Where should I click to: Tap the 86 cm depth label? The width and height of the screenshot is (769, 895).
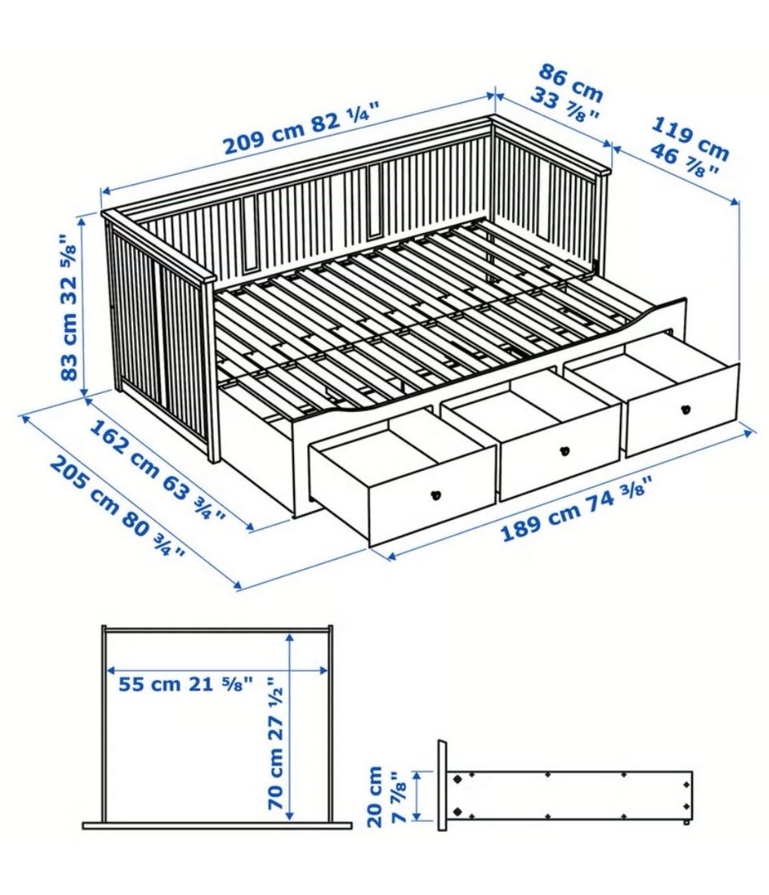[x=571, y=83]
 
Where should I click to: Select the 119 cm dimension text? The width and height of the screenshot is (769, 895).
[x=690, y=138]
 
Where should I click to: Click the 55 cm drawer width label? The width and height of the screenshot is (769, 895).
[x=149, y=683]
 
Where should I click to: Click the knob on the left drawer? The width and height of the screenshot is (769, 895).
[x=437, y=495]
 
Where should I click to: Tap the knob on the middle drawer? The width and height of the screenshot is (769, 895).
[x=566, y=450]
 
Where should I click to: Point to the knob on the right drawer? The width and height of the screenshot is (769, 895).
[x=685, y=409]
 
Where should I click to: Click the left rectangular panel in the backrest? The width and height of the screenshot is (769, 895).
[x=250, y=233]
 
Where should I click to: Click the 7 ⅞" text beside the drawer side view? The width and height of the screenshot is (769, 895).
[x=399, y=796]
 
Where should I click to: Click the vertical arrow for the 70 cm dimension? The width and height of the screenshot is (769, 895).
[x=290, y=724]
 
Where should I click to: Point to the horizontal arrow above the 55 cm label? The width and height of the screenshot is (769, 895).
[x=218, y=670]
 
